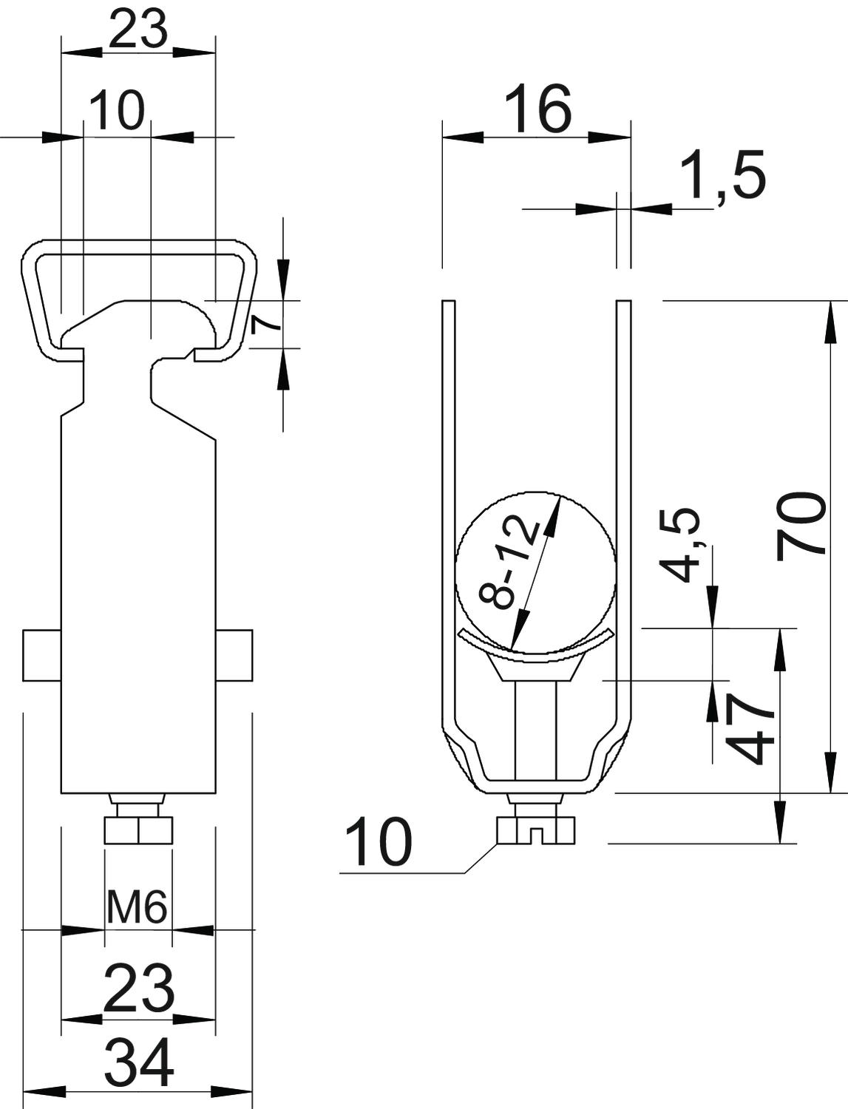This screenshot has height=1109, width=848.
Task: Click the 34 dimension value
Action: pyautogui.click(x=139, y=1062)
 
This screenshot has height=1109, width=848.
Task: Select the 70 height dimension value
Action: pyautogui.click(x=801, y=524)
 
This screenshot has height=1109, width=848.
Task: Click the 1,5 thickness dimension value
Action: pyautogui.click(x=722, y=175)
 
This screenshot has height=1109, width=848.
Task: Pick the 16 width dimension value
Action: pyautogui.click(x=537, y=109)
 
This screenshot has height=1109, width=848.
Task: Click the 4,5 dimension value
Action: pyautogui.click(x=679, y=545)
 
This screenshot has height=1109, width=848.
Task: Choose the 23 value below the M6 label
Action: pyautogui.click(x=139, y=988)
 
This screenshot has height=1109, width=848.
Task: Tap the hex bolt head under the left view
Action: pyautogui.click(x=138, y=830)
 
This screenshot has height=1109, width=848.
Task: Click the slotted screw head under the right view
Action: pyautogui.click(x=535, y=830)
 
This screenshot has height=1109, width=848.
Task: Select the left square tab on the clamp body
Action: pyautogui.click(x=41, y=655)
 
